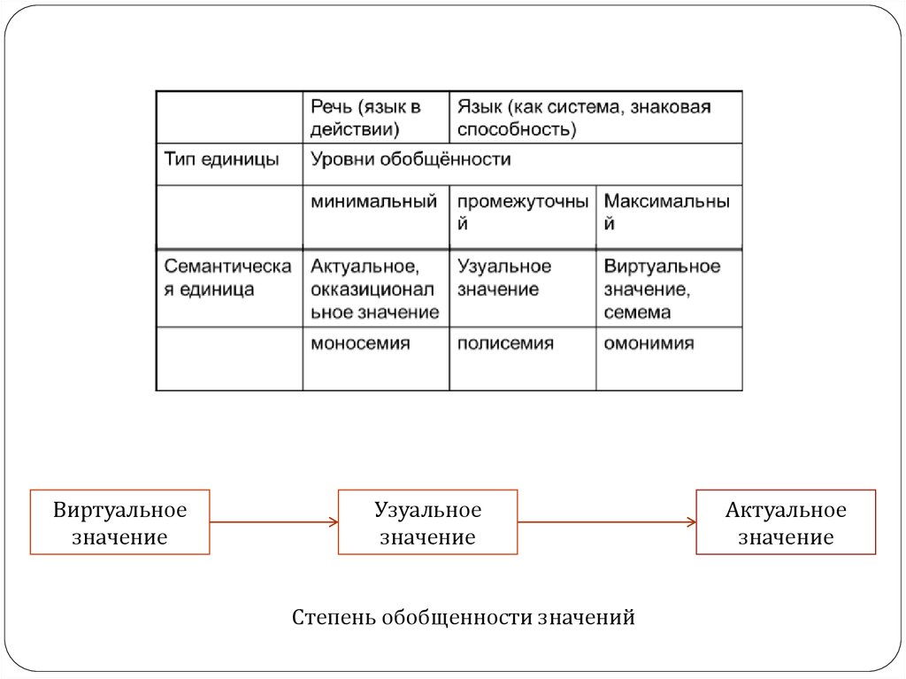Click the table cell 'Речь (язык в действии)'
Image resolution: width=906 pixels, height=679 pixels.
375,118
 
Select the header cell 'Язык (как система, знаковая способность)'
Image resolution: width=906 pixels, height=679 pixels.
595,118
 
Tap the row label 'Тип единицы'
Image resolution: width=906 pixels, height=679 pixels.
228,160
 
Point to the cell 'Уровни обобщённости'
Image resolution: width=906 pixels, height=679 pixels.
522,160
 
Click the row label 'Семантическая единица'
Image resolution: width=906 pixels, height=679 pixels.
228,278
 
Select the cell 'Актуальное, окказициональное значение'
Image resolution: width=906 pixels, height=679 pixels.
375,289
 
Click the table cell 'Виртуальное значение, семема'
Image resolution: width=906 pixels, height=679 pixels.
668,289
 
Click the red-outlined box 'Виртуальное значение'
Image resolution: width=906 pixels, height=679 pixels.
120,522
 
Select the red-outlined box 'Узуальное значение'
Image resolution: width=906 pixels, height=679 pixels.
428,522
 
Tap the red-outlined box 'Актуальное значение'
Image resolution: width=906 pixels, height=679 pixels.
786,522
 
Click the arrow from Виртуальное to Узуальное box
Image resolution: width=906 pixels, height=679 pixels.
274,522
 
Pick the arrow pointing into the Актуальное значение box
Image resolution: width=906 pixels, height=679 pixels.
607,522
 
